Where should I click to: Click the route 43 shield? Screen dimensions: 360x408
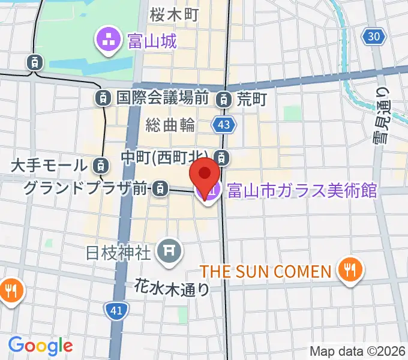[x=223, y=125]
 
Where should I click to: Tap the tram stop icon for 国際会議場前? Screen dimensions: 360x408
[x=104, y=97]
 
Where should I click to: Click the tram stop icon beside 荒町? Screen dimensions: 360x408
[x=224, y=98]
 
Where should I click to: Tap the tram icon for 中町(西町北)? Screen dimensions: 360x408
[x=223, y=158]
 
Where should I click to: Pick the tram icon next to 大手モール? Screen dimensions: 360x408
[x=102, y=164]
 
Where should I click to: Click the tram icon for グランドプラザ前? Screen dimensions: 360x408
[x=159, y=189]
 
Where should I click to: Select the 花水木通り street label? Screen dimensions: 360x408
[x=172, y=289]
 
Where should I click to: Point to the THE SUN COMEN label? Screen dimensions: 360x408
[x=266, y=271]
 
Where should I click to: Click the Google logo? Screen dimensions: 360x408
[x=40, y=345]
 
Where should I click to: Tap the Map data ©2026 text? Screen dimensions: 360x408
[x=357, y=351]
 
